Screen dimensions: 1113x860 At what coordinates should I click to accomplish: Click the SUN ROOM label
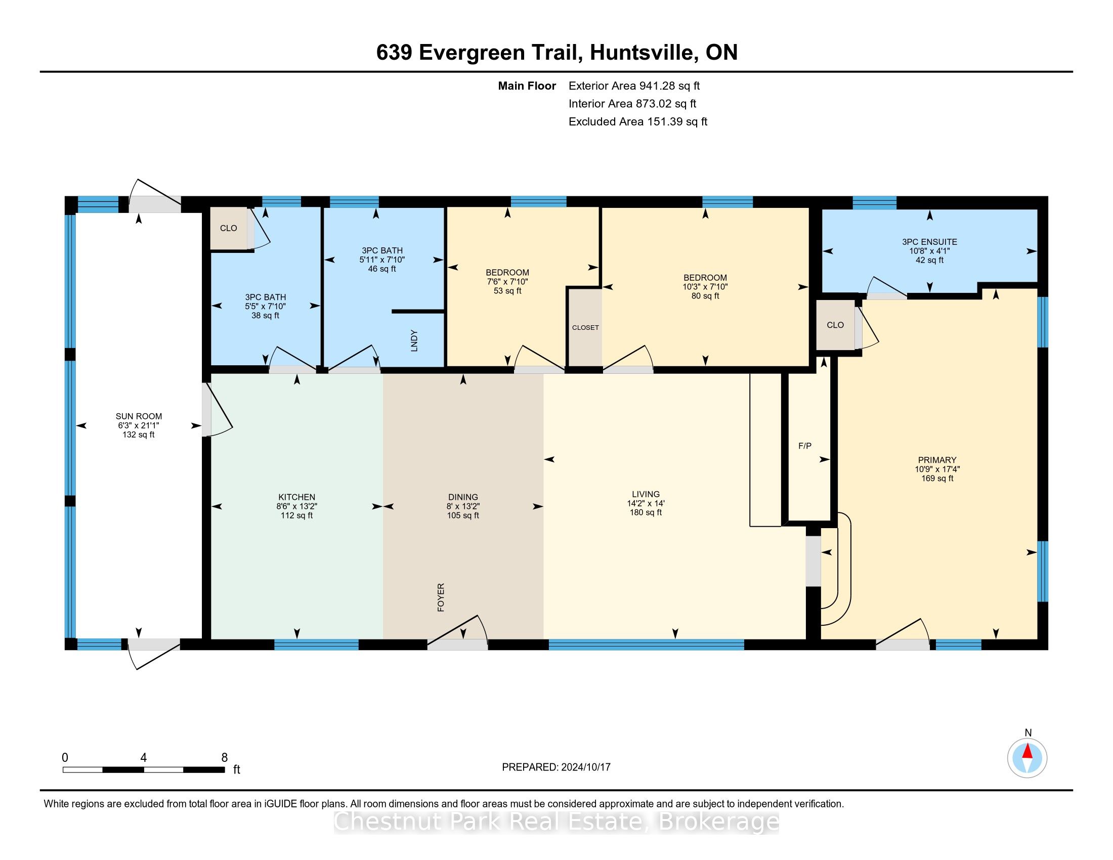139,416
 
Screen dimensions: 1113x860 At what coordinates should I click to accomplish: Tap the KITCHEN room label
296,497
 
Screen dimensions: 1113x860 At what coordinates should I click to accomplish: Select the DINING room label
463,497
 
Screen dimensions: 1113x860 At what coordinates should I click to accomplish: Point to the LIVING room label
646,494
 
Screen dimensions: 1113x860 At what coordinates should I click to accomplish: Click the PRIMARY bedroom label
937,460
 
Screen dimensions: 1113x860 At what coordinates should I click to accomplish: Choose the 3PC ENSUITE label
929,242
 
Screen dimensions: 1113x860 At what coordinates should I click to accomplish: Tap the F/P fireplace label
805,446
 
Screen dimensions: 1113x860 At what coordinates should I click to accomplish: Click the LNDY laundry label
414,341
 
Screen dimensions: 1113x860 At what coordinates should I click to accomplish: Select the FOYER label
441,597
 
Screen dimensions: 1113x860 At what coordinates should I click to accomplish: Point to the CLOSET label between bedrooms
585,328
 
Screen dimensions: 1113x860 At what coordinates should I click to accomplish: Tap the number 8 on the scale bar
224,758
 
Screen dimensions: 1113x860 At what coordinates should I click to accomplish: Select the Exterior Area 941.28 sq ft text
634,85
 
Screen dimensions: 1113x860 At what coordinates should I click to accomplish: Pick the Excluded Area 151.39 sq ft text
638,121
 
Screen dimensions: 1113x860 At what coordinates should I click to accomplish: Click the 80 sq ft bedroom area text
705,296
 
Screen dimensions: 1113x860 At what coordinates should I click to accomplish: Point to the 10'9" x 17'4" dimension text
937,469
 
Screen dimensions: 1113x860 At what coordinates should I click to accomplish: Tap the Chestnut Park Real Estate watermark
556,821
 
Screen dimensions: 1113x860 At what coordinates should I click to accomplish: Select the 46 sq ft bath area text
381,269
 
